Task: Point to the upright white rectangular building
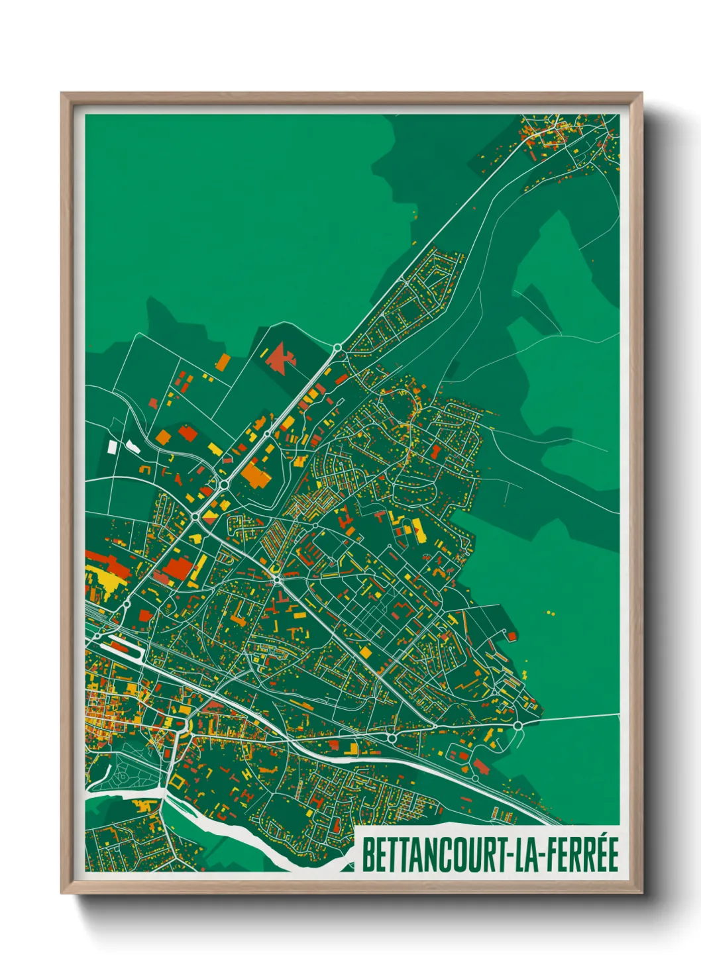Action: coord(112,447)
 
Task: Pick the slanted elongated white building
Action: coord(133,447)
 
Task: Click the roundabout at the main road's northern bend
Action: coord(337,347)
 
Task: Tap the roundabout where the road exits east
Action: coord(517,726)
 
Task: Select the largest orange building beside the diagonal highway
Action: coord(253,475)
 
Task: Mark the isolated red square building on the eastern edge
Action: coord(512,636)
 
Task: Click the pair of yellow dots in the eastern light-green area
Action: coord(551,612)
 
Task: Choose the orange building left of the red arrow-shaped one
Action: coord(223,362)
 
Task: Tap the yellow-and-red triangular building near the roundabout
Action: coord(211,513)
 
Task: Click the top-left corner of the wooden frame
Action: coord(62,94)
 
